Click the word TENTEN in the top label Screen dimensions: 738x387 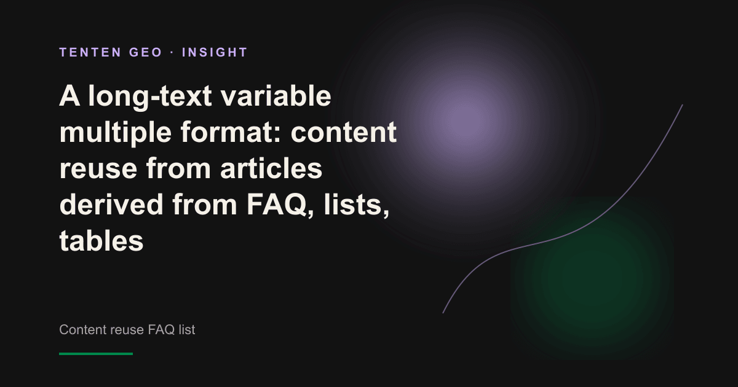90,52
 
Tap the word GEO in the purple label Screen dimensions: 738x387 146,52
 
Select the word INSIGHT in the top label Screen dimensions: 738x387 215,52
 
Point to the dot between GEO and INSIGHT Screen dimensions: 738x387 172,52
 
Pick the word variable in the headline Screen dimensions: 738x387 276,96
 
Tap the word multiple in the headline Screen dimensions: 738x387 116,133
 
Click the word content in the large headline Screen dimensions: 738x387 344,133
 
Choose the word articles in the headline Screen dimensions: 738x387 271,168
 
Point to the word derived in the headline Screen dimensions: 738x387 111,205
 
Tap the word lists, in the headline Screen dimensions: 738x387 357,205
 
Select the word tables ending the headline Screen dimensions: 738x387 101,241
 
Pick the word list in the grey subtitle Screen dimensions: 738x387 187,329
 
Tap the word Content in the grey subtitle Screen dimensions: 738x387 83,329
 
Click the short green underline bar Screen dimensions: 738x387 96,354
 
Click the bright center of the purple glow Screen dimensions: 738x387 464,119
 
